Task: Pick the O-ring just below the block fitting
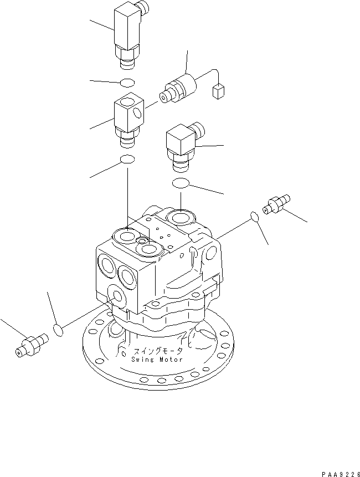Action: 127,160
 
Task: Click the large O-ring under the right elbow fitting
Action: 182,183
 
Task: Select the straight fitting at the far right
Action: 277,204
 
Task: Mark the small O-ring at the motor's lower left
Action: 58,331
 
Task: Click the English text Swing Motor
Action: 158,359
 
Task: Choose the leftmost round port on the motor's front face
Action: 105,266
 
